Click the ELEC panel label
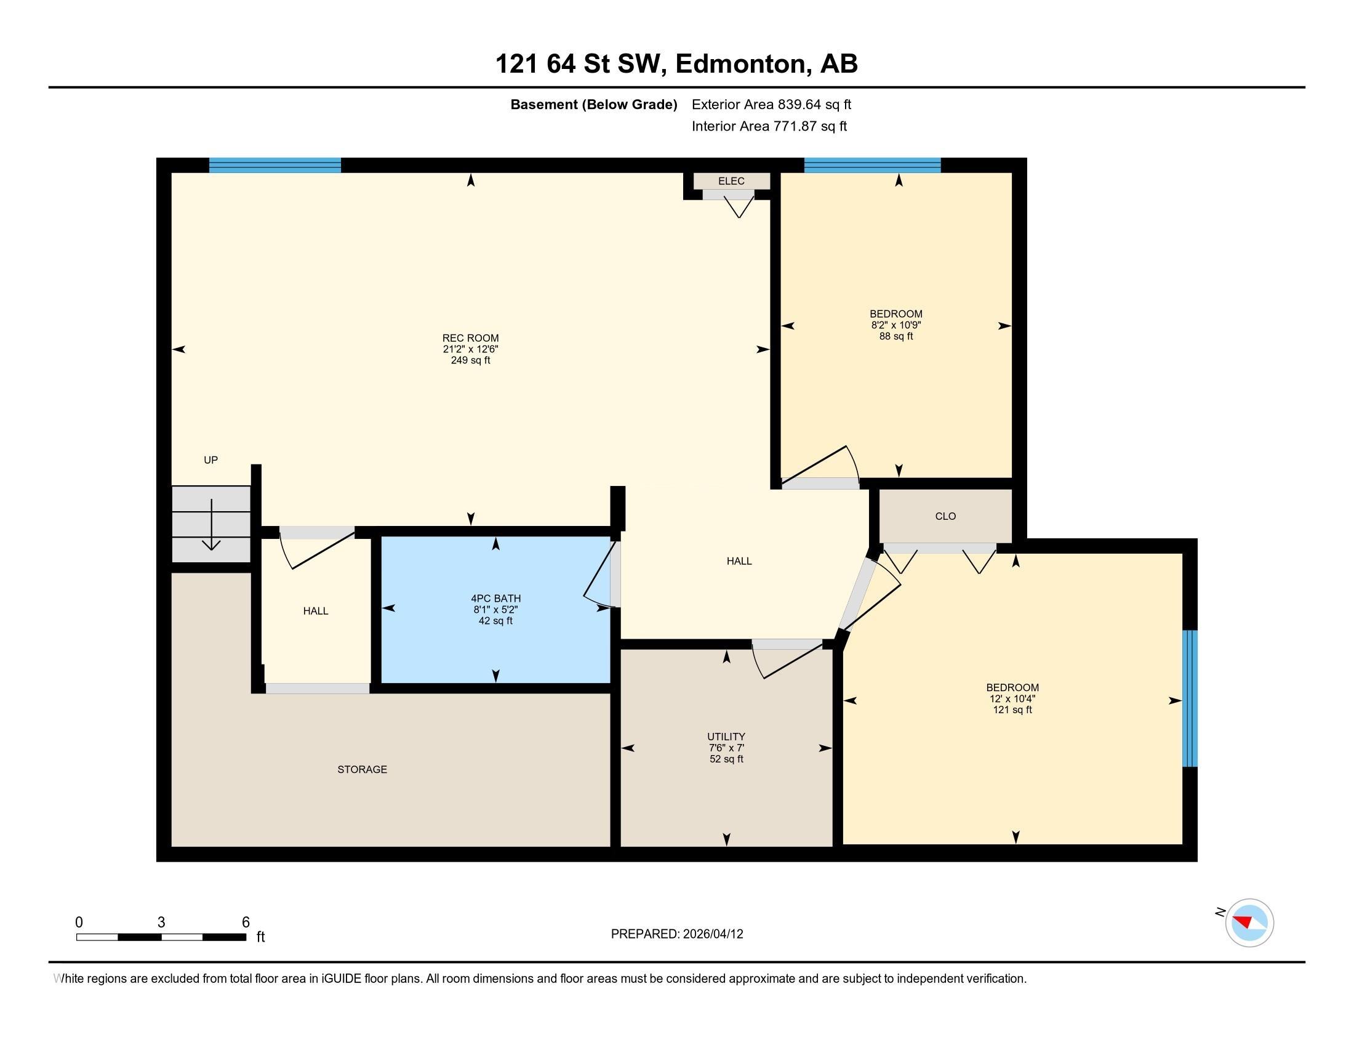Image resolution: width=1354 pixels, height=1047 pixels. [x=731, y=181]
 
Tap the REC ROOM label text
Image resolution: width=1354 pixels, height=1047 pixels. [x=471, y=338]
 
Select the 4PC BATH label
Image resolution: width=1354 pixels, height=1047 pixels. [x=496, y=599]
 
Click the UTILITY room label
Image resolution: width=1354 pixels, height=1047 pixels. [x=726, y=737]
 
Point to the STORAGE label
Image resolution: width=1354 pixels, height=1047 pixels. [x=362, y=769]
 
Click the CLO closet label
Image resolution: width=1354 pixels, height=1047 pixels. [x=945, y=516]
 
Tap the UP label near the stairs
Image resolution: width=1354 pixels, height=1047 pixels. [x=210, y=459]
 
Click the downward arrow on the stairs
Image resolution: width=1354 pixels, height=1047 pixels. [x=211, y=524]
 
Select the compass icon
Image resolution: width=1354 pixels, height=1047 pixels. [x=1249, y=923]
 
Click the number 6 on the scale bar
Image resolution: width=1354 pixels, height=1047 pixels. [x=246, y=923]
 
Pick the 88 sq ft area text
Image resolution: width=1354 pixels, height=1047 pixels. [x=896, y=336]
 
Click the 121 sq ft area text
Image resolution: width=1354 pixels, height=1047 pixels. [x=1012, y=709]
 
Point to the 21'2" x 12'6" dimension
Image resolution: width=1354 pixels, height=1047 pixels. [x=471, y=349]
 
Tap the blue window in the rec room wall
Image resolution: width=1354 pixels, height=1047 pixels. [x=274, y=165]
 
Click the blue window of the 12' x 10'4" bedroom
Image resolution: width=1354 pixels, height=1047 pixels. [x=1190, y=698]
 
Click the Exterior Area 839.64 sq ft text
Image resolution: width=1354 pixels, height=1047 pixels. [x=771, y=104]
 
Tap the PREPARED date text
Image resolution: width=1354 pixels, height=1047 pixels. [x=677, y=934]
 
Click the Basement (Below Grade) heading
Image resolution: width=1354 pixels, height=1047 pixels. [x=593, y=104]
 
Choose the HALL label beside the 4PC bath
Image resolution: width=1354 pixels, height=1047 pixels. [x=316, y=611]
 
